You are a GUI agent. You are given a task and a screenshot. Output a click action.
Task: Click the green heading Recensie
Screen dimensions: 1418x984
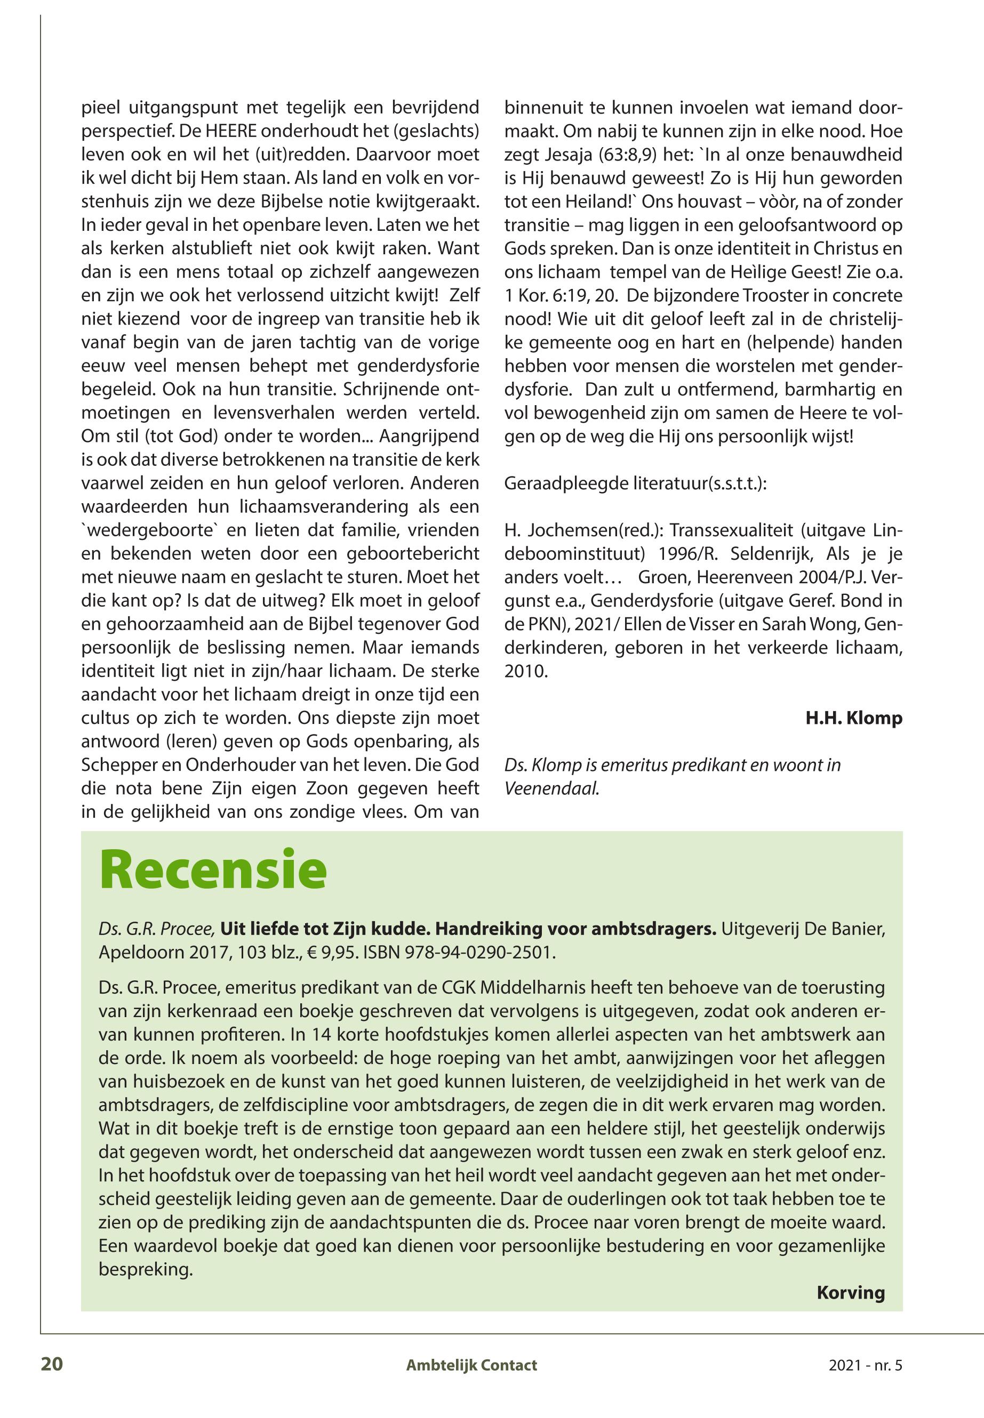coord(212,869)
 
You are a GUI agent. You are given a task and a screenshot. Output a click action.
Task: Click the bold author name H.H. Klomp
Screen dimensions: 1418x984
coord(854,718)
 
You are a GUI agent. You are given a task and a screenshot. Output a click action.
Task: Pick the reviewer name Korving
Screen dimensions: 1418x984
coord(850,1292)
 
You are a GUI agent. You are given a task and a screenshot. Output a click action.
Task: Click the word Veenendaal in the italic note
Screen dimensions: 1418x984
coord(550,788)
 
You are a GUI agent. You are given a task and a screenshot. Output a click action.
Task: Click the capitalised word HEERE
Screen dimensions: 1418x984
coord(198,131)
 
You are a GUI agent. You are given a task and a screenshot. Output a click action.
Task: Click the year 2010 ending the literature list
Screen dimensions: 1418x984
coord(525,671)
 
